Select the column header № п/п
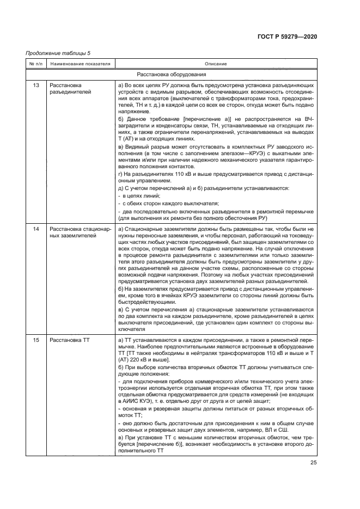click(x=35, y=64)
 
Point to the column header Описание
click(x=216, y=64)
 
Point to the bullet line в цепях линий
click(x=139, y=195)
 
